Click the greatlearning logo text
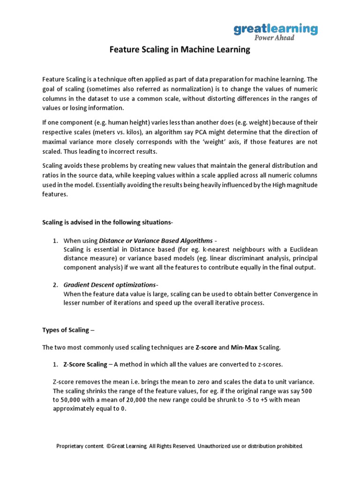276,29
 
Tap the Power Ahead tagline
275,38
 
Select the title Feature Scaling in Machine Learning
180,50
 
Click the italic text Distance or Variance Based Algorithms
155,240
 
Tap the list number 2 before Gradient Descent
55,285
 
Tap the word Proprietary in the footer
71,446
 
